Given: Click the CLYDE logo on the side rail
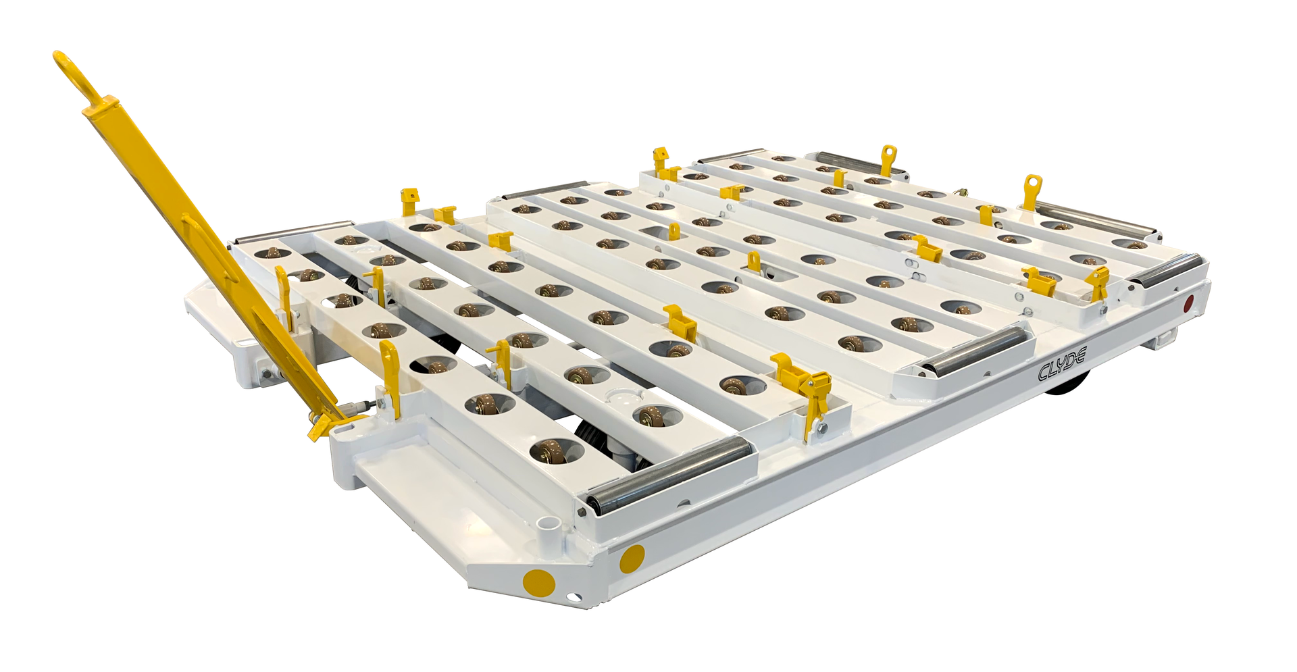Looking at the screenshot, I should (1061, 364).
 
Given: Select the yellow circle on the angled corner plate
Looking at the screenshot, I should (538, 581).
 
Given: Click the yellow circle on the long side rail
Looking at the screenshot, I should (632, 558).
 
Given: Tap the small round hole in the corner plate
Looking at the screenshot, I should (573, 596).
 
